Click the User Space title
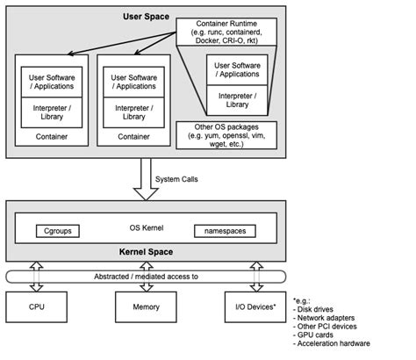pos(143,17)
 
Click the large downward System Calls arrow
pos(142,180)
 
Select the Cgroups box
pos(58,231)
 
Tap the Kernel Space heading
pos(143,252)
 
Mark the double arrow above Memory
pos(143,275)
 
